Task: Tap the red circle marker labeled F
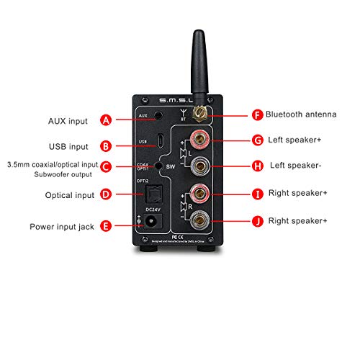257,114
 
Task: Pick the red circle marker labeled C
106,167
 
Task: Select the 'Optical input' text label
70,194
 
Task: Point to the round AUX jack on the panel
168,114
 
